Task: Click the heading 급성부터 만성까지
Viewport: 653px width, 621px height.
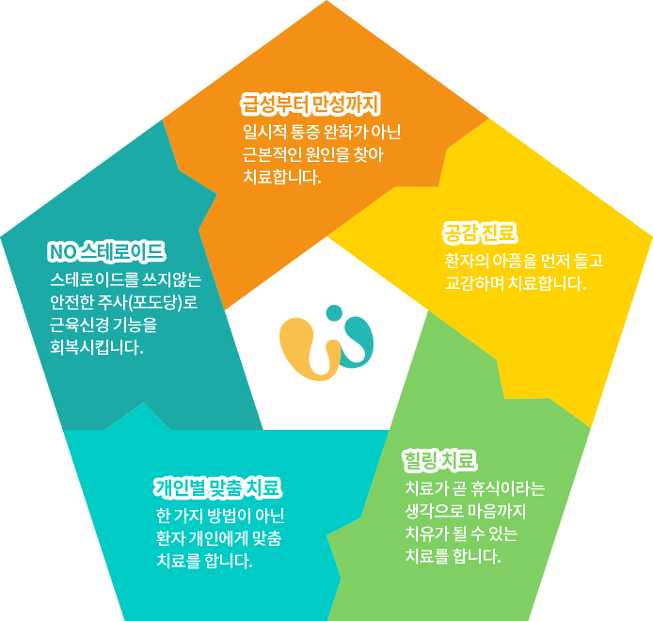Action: (310, 102)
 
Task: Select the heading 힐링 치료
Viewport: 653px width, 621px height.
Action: (439, 460)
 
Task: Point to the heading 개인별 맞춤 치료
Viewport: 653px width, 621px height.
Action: (217, 487)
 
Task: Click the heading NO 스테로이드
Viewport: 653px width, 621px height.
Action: (106, 251)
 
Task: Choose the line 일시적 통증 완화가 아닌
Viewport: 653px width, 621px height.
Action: (320, 131)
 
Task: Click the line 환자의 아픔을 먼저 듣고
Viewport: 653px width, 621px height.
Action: (523, 260)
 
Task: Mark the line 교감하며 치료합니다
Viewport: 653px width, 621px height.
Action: (516, 282)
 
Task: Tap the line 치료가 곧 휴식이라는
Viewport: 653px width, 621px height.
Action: (474, 489)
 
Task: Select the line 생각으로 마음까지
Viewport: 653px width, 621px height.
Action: (465, 512)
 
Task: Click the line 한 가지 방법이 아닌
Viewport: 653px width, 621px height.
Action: (226, 517)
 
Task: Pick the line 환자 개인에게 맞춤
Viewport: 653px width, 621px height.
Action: (224, 539)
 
